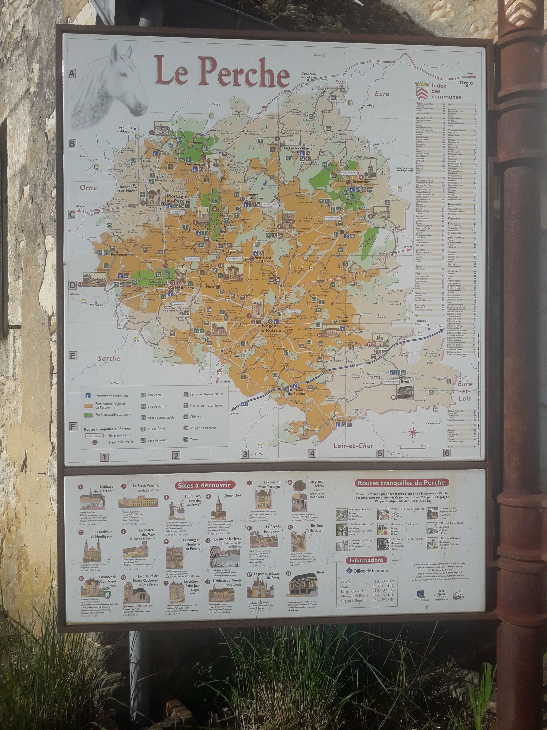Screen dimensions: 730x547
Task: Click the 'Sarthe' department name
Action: click(109, 358)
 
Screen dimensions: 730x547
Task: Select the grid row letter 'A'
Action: click(72, 74)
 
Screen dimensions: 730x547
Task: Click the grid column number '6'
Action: click(447, 453)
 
